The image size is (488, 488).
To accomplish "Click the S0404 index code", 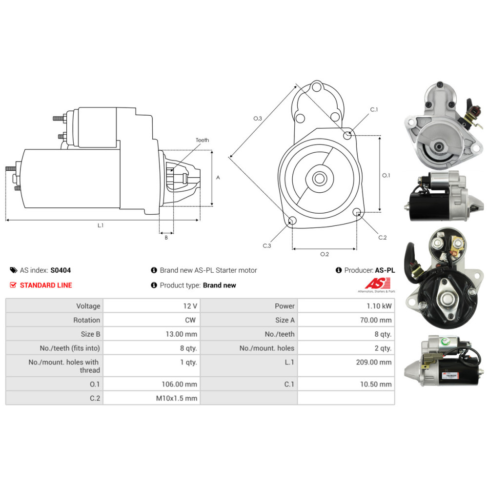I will tap(61, 270).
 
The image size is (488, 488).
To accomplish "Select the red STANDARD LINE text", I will tap(46, 285).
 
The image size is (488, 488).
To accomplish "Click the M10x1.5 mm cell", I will tap(176, 398).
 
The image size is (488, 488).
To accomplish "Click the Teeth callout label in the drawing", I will tap(202, 140).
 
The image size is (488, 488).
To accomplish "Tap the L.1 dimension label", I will tap(101, 225).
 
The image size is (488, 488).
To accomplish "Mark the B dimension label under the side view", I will tap(166, 238).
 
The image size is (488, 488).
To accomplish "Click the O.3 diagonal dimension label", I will tap(258, 119).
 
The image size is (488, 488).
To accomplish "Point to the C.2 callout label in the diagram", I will tap(383, 238).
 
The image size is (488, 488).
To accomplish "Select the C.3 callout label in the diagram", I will tap(266, 245).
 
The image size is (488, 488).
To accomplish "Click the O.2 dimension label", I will tap(325, 254).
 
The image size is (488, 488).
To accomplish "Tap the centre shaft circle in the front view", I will tap(320, 179).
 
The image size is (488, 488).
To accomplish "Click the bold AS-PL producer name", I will tap(385, 270).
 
